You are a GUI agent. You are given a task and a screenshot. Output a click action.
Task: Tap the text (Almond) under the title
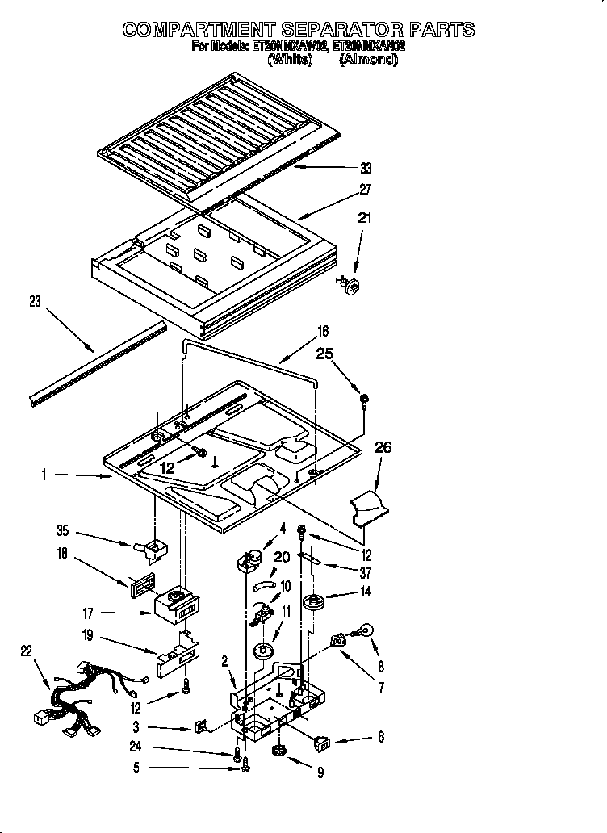pos(368,60)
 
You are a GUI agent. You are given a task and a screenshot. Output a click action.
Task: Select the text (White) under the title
pos(288,60)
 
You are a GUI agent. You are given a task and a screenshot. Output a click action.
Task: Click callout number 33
pos(366,168)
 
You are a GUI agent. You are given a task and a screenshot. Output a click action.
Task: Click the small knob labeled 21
pos(352,284)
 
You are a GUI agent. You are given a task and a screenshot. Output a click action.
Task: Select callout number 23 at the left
pos(34,303)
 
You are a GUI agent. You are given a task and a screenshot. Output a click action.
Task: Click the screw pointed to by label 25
pos(364,398)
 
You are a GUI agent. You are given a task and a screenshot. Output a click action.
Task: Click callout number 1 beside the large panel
pos(44,475)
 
